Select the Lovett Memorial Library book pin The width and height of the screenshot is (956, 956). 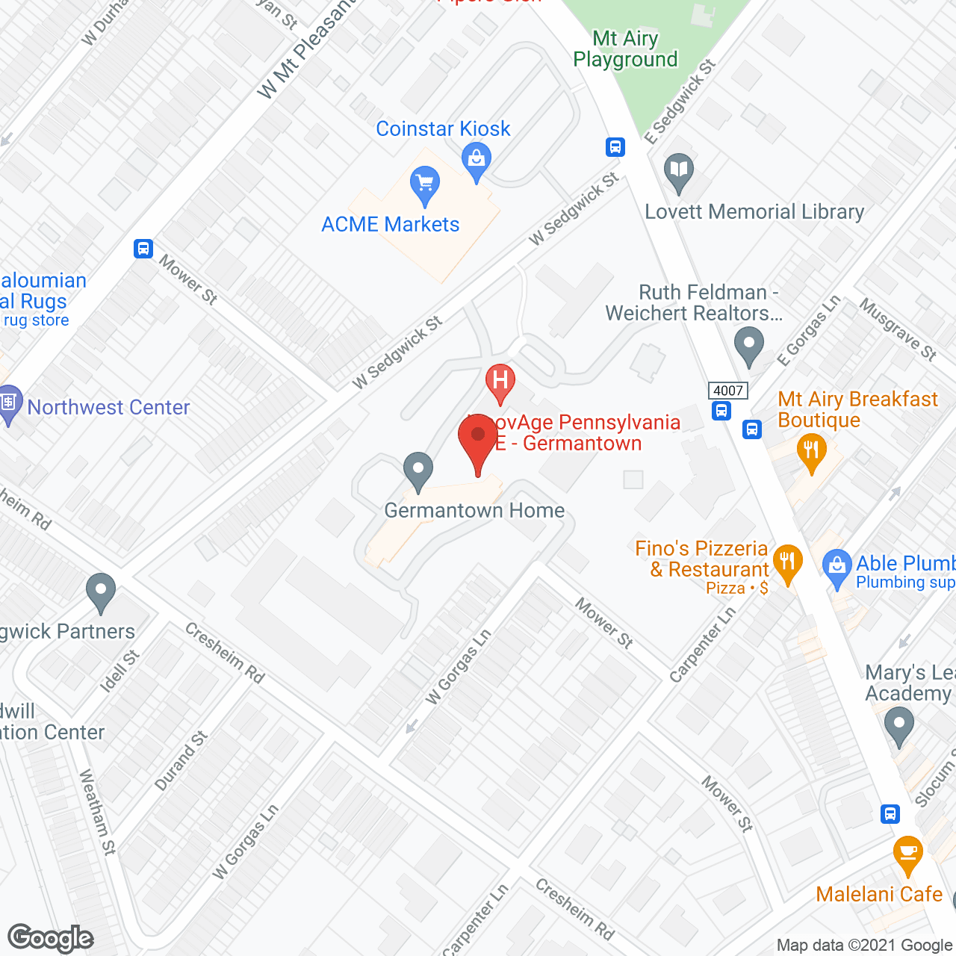click(x=678, y=171)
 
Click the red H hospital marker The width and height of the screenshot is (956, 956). click(x=500, y=381)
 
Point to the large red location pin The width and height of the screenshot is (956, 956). click(x=478, y=441)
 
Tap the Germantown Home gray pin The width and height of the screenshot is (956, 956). click(x=418, y=471)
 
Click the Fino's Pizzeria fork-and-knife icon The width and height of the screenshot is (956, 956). click(x=787, y=562)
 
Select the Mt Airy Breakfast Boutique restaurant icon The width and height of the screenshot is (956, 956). click(x=811, y=452)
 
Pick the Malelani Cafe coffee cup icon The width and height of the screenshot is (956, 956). click(x=907, y=854)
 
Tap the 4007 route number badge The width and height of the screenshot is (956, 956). click(x=728, y=391)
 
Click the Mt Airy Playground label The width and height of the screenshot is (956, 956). click(x=625, y=49)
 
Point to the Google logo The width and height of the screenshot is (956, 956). click(x=50, y=937)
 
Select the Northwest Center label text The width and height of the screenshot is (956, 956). click(x=109, y=407)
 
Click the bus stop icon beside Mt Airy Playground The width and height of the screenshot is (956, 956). click(x=615, y=146)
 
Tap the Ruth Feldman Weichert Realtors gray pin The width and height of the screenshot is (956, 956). click(x=748, y=345)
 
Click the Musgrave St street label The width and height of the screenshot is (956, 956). click(x=898, y=329)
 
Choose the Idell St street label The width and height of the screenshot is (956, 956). click(x=119, y=671)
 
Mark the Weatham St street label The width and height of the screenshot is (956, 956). click(x=98, y=812)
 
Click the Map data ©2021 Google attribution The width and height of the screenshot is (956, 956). click(x=865, y=946)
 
